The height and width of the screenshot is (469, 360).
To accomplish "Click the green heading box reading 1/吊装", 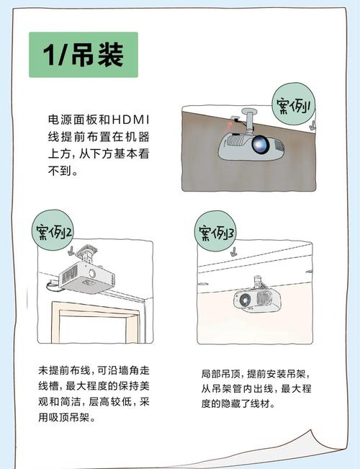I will (84, 55).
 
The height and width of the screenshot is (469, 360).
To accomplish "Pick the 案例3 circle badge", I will (217, 233).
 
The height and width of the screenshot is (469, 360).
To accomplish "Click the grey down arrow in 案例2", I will (69, 254).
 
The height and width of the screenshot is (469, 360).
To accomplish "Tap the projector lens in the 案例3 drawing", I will (246, 299).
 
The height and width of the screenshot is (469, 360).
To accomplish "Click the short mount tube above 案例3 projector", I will (257, 281).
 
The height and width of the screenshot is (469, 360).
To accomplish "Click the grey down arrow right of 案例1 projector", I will (312, 125).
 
